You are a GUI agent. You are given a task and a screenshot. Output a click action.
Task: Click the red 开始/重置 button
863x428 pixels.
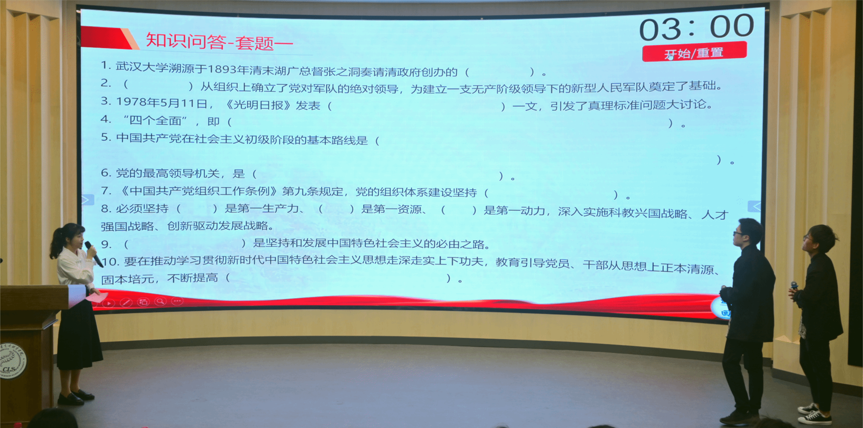(694, 51)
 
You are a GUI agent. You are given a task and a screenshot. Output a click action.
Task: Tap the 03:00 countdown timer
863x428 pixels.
(697, 27)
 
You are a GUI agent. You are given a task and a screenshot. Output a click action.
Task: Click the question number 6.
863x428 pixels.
(106, 173)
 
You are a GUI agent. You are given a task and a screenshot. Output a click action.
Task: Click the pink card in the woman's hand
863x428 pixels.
(96, 297)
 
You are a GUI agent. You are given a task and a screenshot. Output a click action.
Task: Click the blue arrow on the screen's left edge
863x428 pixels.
(88, 200)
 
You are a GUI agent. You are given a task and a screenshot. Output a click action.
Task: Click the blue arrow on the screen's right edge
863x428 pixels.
(754, 206)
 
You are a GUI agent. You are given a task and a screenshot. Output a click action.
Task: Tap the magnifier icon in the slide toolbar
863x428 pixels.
(160, 301)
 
